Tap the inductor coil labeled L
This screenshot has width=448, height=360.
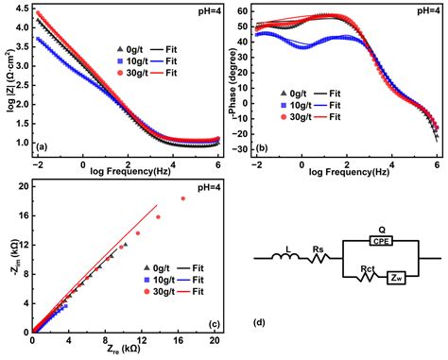(285, 256)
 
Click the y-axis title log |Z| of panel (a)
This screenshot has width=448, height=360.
(9, 80)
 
